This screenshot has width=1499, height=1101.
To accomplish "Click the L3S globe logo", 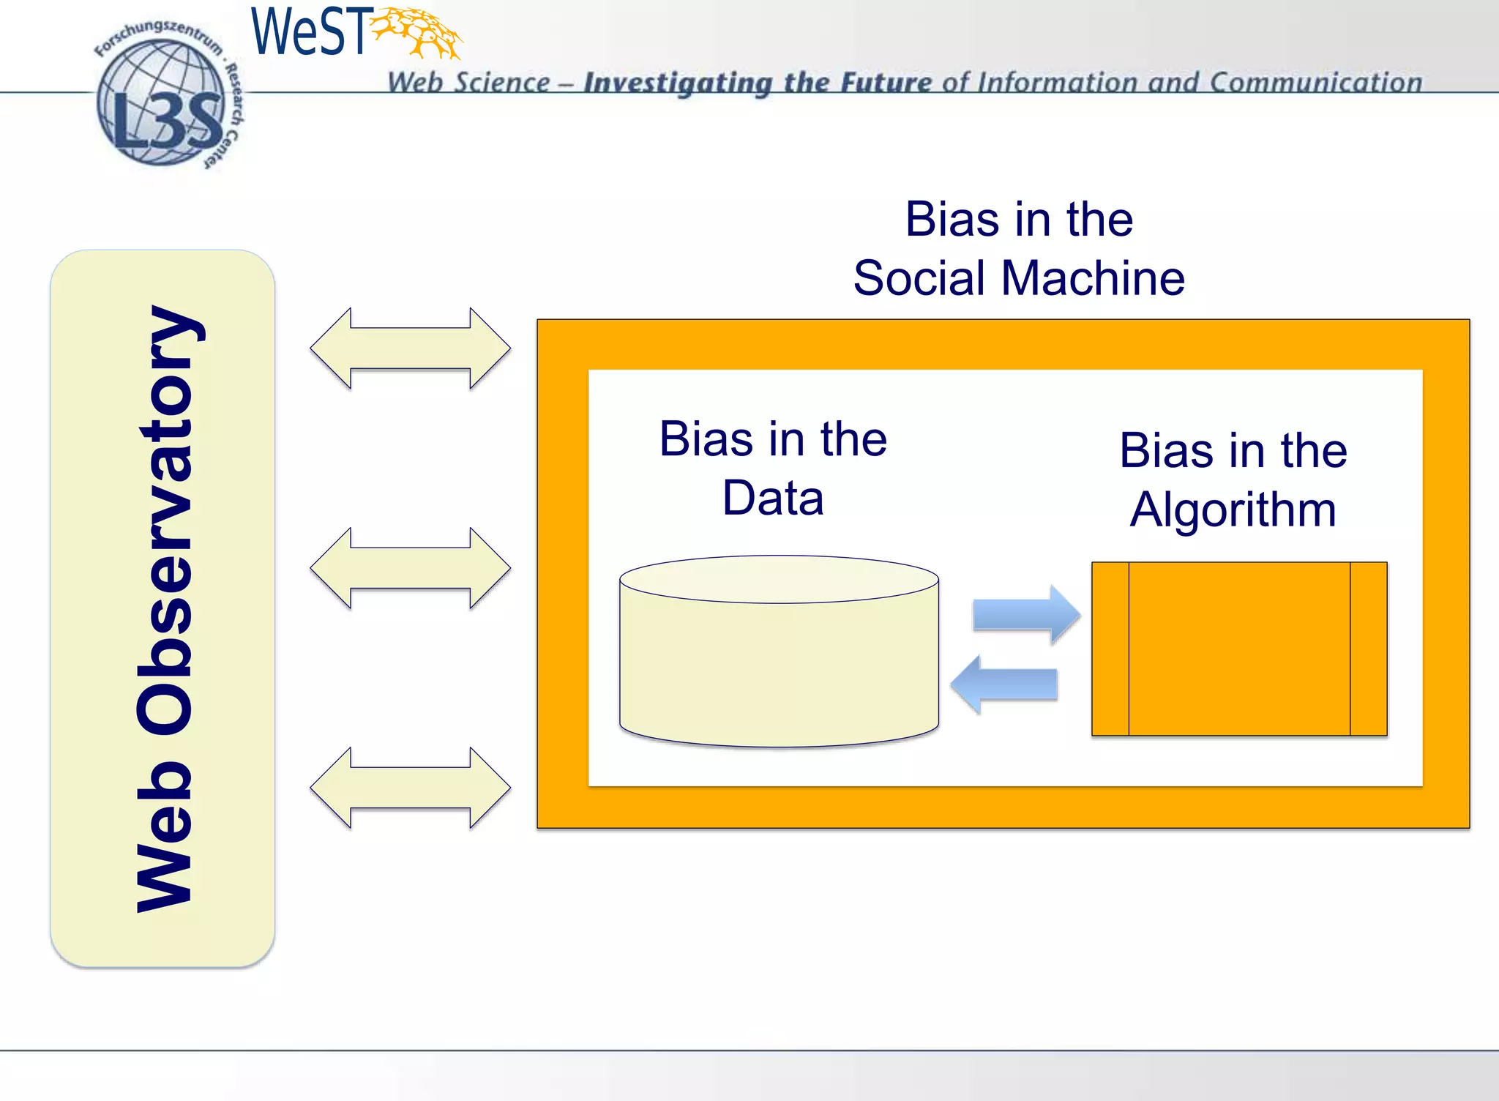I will tap(161, 102).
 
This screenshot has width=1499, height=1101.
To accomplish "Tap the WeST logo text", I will tap(308, 32).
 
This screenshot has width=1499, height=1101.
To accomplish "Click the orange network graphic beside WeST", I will tap(418, 32).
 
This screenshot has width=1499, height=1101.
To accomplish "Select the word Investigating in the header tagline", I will tap(677, 83).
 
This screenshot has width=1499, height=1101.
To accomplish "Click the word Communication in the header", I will tap(1315, 82).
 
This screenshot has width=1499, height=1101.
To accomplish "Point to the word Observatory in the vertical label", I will tap(165, 520).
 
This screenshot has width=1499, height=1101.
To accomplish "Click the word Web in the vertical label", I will tap(165, 835).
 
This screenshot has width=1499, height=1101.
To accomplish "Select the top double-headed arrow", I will tap(410, 348).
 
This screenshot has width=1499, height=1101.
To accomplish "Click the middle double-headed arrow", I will tap(410, 568).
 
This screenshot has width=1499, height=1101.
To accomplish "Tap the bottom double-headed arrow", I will tap(410, 788).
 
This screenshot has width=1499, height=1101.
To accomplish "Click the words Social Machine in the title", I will tap(1019, 279).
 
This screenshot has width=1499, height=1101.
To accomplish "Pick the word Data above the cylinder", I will tap(773, 499).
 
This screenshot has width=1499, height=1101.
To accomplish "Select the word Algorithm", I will tap(1233, 510).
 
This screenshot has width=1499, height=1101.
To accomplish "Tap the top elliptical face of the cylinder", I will tap(779, 579).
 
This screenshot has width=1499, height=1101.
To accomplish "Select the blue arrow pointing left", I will tap(1004, 684).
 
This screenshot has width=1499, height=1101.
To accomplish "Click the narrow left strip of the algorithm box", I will tap(1110, 649).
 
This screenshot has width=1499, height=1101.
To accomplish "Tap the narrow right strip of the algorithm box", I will tap(1368, 649).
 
